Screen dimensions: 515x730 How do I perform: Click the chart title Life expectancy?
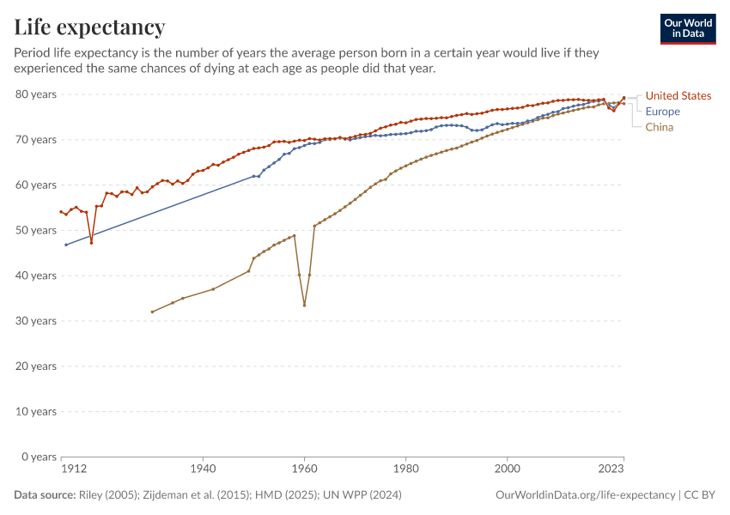[x=89, y=27]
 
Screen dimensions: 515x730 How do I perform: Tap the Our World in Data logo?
[x=688, y=28]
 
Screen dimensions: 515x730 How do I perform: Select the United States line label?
[x=678, y=95]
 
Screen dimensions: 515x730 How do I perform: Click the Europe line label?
[x=662, y=112]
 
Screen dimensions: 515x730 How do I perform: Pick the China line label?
[x=660, y=127]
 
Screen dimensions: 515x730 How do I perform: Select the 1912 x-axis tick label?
[x=73, y=470]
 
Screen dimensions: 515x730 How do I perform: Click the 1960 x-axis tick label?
[x=304, y=470]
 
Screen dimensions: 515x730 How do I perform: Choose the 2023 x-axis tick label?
[x=611, y=470]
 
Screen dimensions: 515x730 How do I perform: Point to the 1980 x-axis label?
[x=405, y=470]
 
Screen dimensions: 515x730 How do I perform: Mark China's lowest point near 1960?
[x=304, y=305]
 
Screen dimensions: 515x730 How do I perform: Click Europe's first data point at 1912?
[x=65, y=245]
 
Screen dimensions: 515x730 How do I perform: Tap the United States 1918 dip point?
[x=91, y=243]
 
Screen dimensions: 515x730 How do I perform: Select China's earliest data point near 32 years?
[x=152, y=312]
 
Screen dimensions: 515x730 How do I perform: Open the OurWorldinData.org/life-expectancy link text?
[x=586, y=495]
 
